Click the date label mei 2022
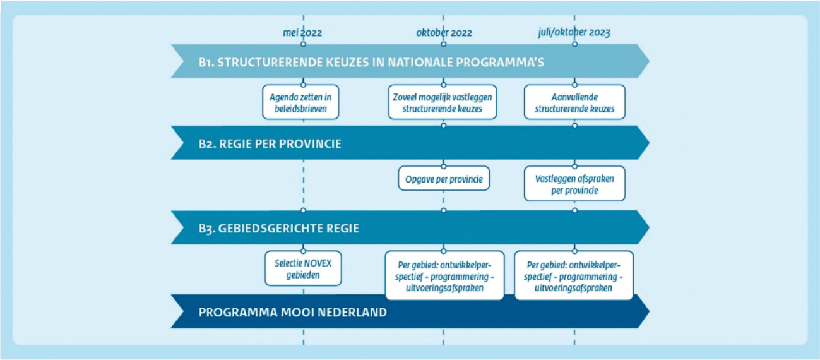(302, 33)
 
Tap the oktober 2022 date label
(444, 33)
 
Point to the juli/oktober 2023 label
(574, 33)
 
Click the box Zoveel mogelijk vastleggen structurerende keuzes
(442, 102)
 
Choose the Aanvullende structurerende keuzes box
(574, 102)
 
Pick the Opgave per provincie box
(444, 179)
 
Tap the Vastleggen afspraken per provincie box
(574, 184)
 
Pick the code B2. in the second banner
(207, 144)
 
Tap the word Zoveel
(405, 97)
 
